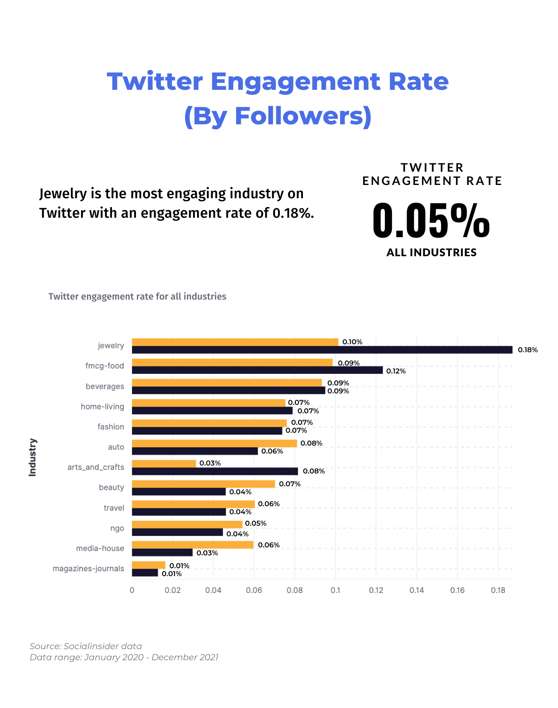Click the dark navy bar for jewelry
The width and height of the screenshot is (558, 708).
(x=322, y=350)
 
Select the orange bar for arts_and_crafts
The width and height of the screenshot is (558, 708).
(x=164, y=463)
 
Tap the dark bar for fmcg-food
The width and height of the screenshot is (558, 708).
(x=257, y=370)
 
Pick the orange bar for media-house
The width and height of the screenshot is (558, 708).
(x=193, y=545)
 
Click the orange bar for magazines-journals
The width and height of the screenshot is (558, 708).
(x=148, y=565)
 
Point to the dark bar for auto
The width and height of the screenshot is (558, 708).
(x=195, y=451)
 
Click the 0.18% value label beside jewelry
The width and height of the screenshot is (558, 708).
(x=528, y=350)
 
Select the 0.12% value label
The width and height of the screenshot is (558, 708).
(x=396, y=371)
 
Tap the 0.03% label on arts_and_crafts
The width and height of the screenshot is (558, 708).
(x=210, y=463)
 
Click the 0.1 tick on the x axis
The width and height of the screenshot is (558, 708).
(x=335, y=590)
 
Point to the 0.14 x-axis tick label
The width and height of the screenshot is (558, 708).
(x=417, y=590)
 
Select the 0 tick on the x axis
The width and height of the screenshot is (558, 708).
(x=132, y=590)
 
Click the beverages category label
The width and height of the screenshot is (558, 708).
(x=105, y=386)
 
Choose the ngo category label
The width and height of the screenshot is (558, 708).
(x=117, y=528)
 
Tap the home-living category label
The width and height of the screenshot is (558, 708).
(x=102, y=406)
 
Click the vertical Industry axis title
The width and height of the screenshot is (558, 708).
(x=32, y=457)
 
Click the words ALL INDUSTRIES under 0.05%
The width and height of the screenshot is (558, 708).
(x=431, y=252)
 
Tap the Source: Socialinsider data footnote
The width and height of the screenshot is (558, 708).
(x=86, y=646)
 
